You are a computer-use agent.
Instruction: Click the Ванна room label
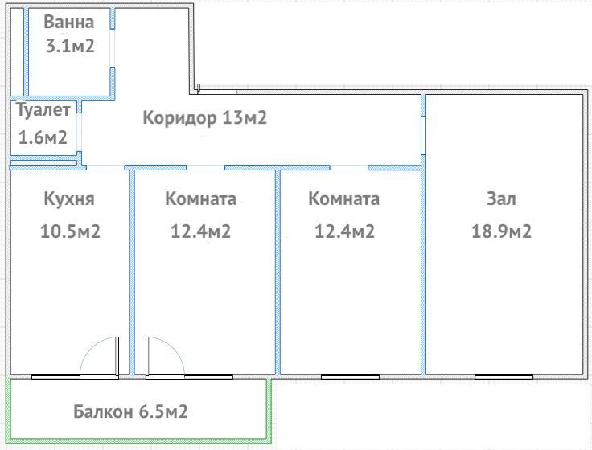(68, 22)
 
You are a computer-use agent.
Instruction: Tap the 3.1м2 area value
(70, 46)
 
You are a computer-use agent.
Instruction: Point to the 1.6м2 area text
(43, 137)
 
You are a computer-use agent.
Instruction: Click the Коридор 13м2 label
(204, 118)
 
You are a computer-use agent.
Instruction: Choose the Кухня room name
(70, 198)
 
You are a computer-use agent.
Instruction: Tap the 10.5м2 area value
(70, 231)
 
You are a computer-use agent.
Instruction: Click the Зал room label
(501, 198)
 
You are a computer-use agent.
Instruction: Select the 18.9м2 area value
(501, 231)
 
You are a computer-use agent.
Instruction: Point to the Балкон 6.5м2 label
(130, 413)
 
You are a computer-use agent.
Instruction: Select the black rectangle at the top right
(394, 42)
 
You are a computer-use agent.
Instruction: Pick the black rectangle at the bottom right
(433, 415)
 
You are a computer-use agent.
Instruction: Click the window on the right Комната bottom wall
(349, 376)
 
